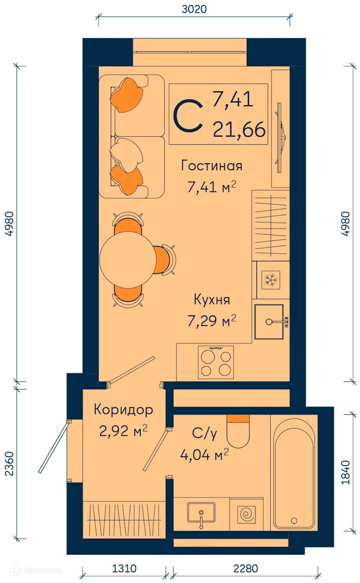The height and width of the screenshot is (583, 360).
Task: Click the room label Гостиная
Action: tap(211, 166)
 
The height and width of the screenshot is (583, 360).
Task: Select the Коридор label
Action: tap(123, 410)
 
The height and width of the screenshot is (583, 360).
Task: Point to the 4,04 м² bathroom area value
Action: tap(204, 456)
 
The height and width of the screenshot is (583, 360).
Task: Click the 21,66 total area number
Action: tap(239, 130)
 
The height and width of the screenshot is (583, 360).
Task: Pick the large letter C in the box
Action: tap(189, 116)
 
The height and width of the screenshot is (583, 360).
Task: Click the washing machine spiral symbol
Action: tap(246, 514)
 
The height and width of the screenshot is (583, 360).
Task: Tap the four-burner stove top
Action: tap(216, 362)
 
